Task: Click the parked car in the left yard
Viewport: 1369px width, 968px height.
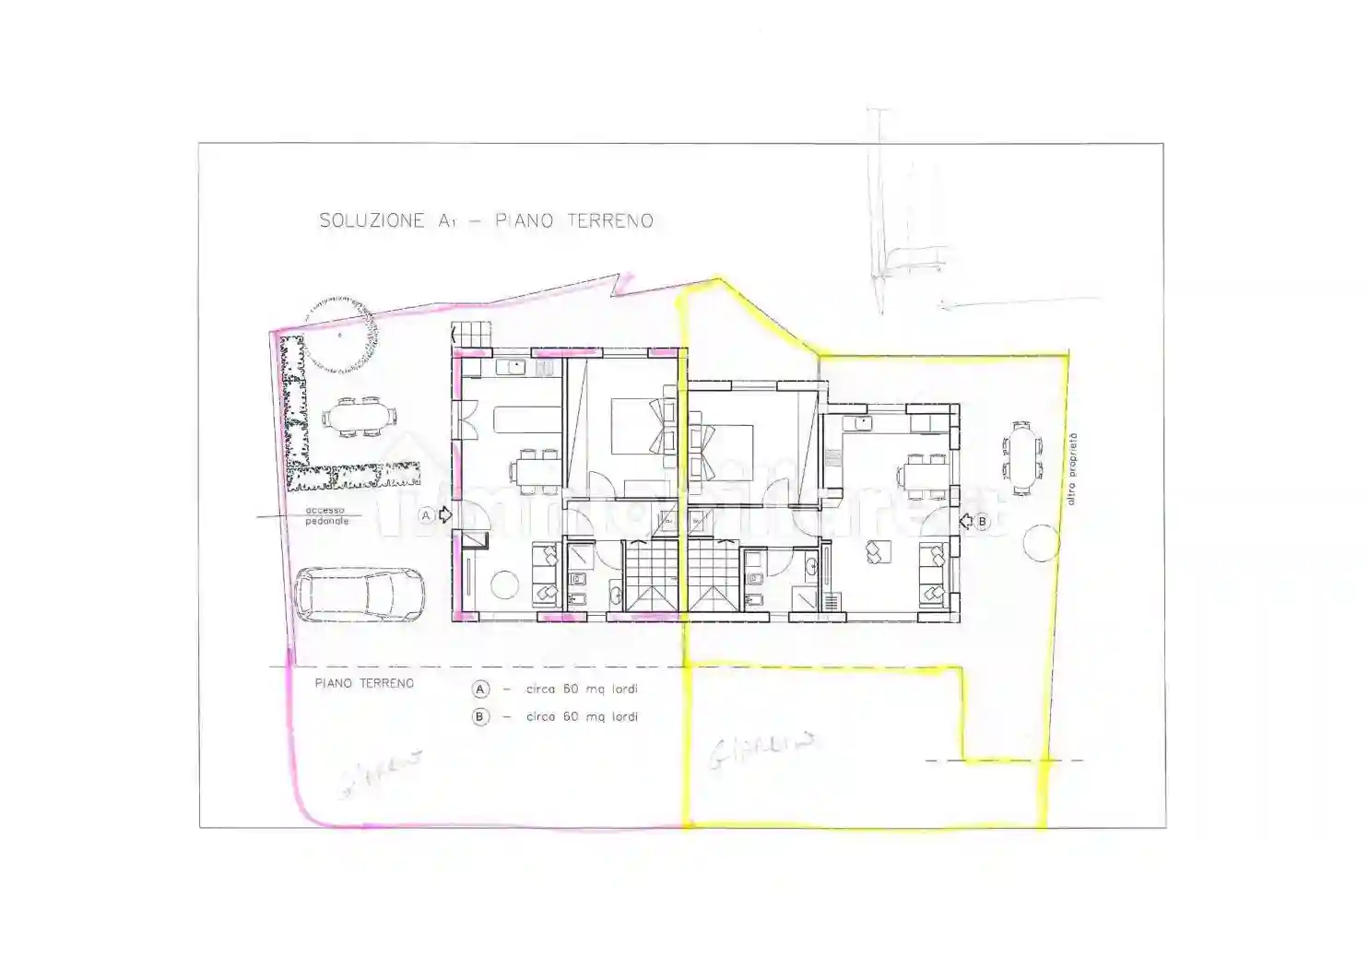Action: pos(360,595)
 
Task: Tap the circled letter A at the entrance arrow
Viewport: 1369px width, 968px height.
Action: pos(426,515)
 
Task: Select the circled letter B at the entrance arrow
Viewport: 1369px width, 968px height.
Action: pos(982,522)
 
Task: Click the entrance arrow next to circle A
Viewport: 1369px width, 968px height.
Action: pos(445,515)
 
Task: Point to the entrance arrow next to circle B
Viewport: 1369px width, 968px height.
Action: pos(966,522)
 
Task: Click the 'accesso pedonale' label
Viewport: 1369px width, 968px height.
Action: pos(326,515)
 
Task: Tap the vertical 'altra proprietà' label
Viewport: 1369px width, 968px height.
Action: pos(1070,469)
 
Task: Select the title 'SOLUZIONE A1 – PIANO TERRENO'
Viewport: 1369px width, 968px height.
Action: pos(486,220)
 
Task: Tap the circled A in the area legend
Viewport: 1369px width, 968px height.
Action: pos(480,690)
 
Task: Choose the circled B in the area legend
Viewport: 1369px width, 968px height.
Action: pos(480,716)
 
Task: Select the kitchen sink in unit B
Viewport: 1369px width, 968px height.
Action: pos(863,423)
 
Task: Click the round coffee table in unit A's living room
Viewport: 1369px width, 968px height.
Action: pos(504,584)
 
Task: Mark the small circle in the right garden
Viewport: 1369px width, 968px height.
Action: pos(1041,543)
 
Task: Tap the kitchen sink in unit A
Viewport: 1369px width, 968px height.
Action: pos(512,367)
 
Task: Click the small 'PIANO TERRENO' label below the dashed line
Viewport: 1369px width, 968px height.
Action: pos(364,683)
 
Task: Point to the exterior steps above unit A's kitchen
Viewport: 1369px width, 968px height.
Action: pos(472,333)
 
